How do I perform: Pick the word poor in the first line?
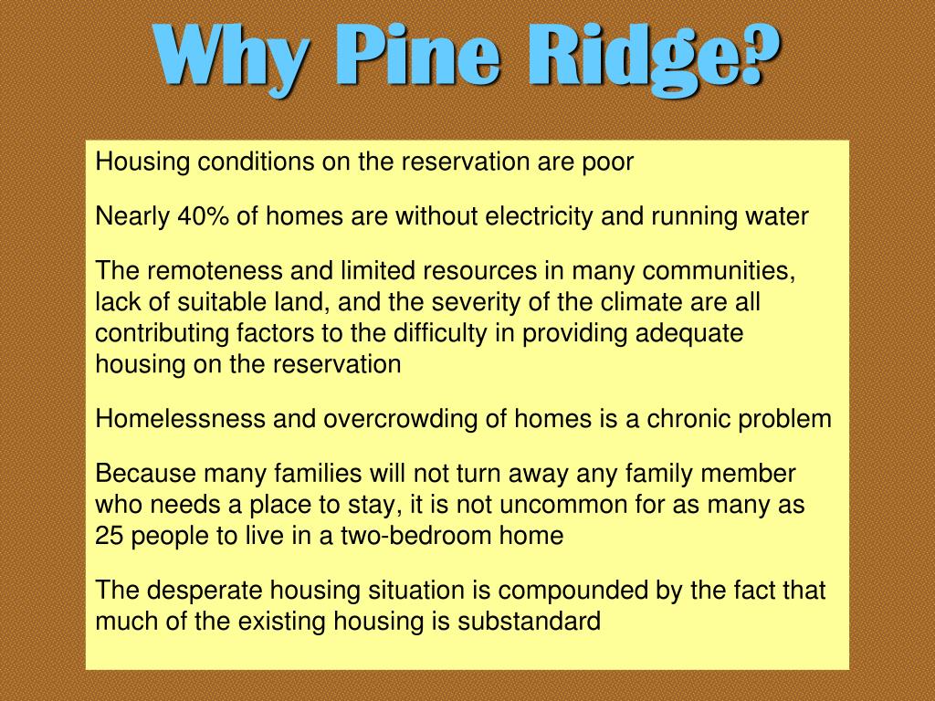(x=607, y=162)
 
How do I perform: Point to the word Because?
(x=146, y=474)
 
